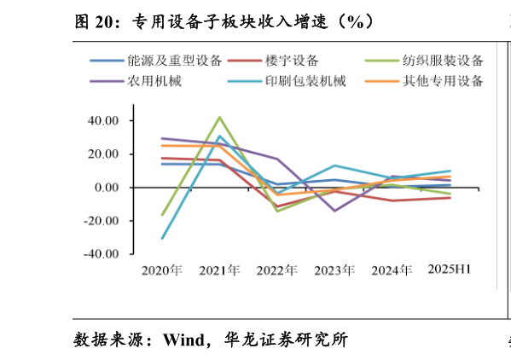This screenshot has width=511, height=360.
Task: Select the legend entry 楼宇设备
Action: tap(291, 61)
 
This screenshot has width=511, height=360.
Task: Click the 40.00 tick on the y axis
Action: tap(105, 121)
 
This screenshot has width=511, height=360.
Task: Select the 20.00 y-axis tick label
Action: tap(105, 154)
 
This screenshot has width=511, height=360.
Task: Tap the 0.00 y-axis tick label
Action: tap(108, 188)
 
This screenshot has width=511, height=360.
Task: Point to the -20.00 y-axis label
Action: tap(103, 221)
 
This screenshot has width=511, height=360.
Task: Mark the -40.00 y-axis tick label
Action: tap(103, 254)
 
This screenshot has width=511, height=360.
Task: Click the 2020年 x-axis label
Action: tap(162, 270)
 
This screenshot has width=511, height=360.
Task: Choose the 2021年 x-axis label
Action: tap(219, 270)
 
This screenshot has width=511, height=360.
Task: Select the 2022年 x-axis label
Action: tap(277, 270)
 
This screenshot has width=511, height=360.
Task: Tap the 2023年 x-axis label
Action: tap(334, 270)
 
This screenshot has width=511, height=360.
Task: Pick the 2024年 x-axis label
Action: tap(392, 270)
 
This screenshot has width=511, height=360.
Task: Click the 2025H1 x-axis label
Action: tap(450, 270)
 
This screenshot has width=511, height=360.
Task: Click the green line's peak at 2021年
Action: tap(219, 117)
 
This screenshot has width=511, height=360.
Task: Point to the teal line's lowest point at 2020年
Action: tap(162, 238)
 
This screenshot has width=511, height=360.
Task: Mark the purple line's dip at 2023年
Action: tap(334, 211)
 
